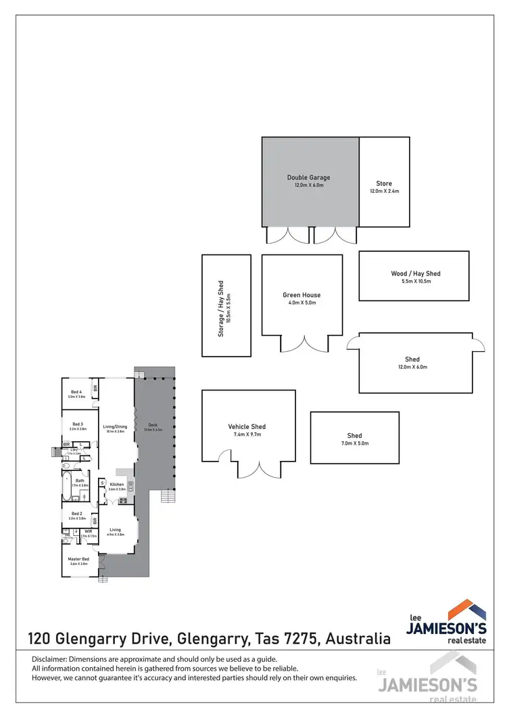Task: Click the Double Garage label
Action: pos(308,178)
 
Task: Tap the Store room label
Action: pos(384,183)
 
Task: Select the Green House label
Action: pos(301,295)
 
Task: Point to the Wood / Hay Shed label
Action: pos(415,273)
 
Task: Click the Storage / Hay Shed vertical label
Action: pos(220,309)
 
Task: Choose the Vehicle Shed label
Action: pos(247,427)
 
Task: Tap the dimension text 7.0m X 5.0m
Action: pos(354,444)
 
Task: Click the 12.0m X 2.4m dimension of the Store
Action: pos(384,192)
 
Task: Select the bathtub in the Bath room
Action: pos(67,485)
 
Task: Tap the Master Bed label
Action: pos(79,559)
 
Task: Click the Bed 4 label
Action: pos(76,392)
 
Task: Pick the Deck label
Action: pos(152,425)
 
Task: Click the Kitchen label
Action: pos(117,485)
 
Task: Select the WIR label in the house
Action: pos(89,531)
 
